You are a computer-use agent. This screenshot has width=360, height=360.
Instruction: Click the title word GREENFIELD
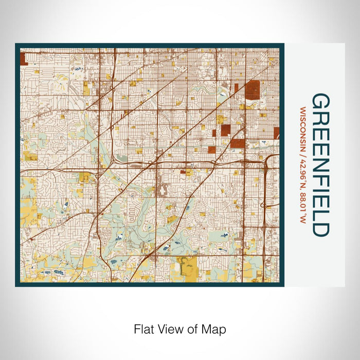[319, 165]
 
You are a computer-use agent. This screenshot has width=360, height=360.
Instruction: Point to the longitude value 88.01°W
[303, 208]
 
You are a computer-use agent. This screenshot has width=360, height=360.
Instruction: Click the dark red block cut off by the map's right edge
[277, 133]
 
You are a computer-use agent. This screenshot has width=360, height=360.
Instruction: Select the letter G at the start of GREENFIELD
[319, 101]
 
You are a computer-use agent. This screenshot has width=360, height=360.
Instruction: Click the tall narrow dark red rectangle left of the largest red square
[237, 88]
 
